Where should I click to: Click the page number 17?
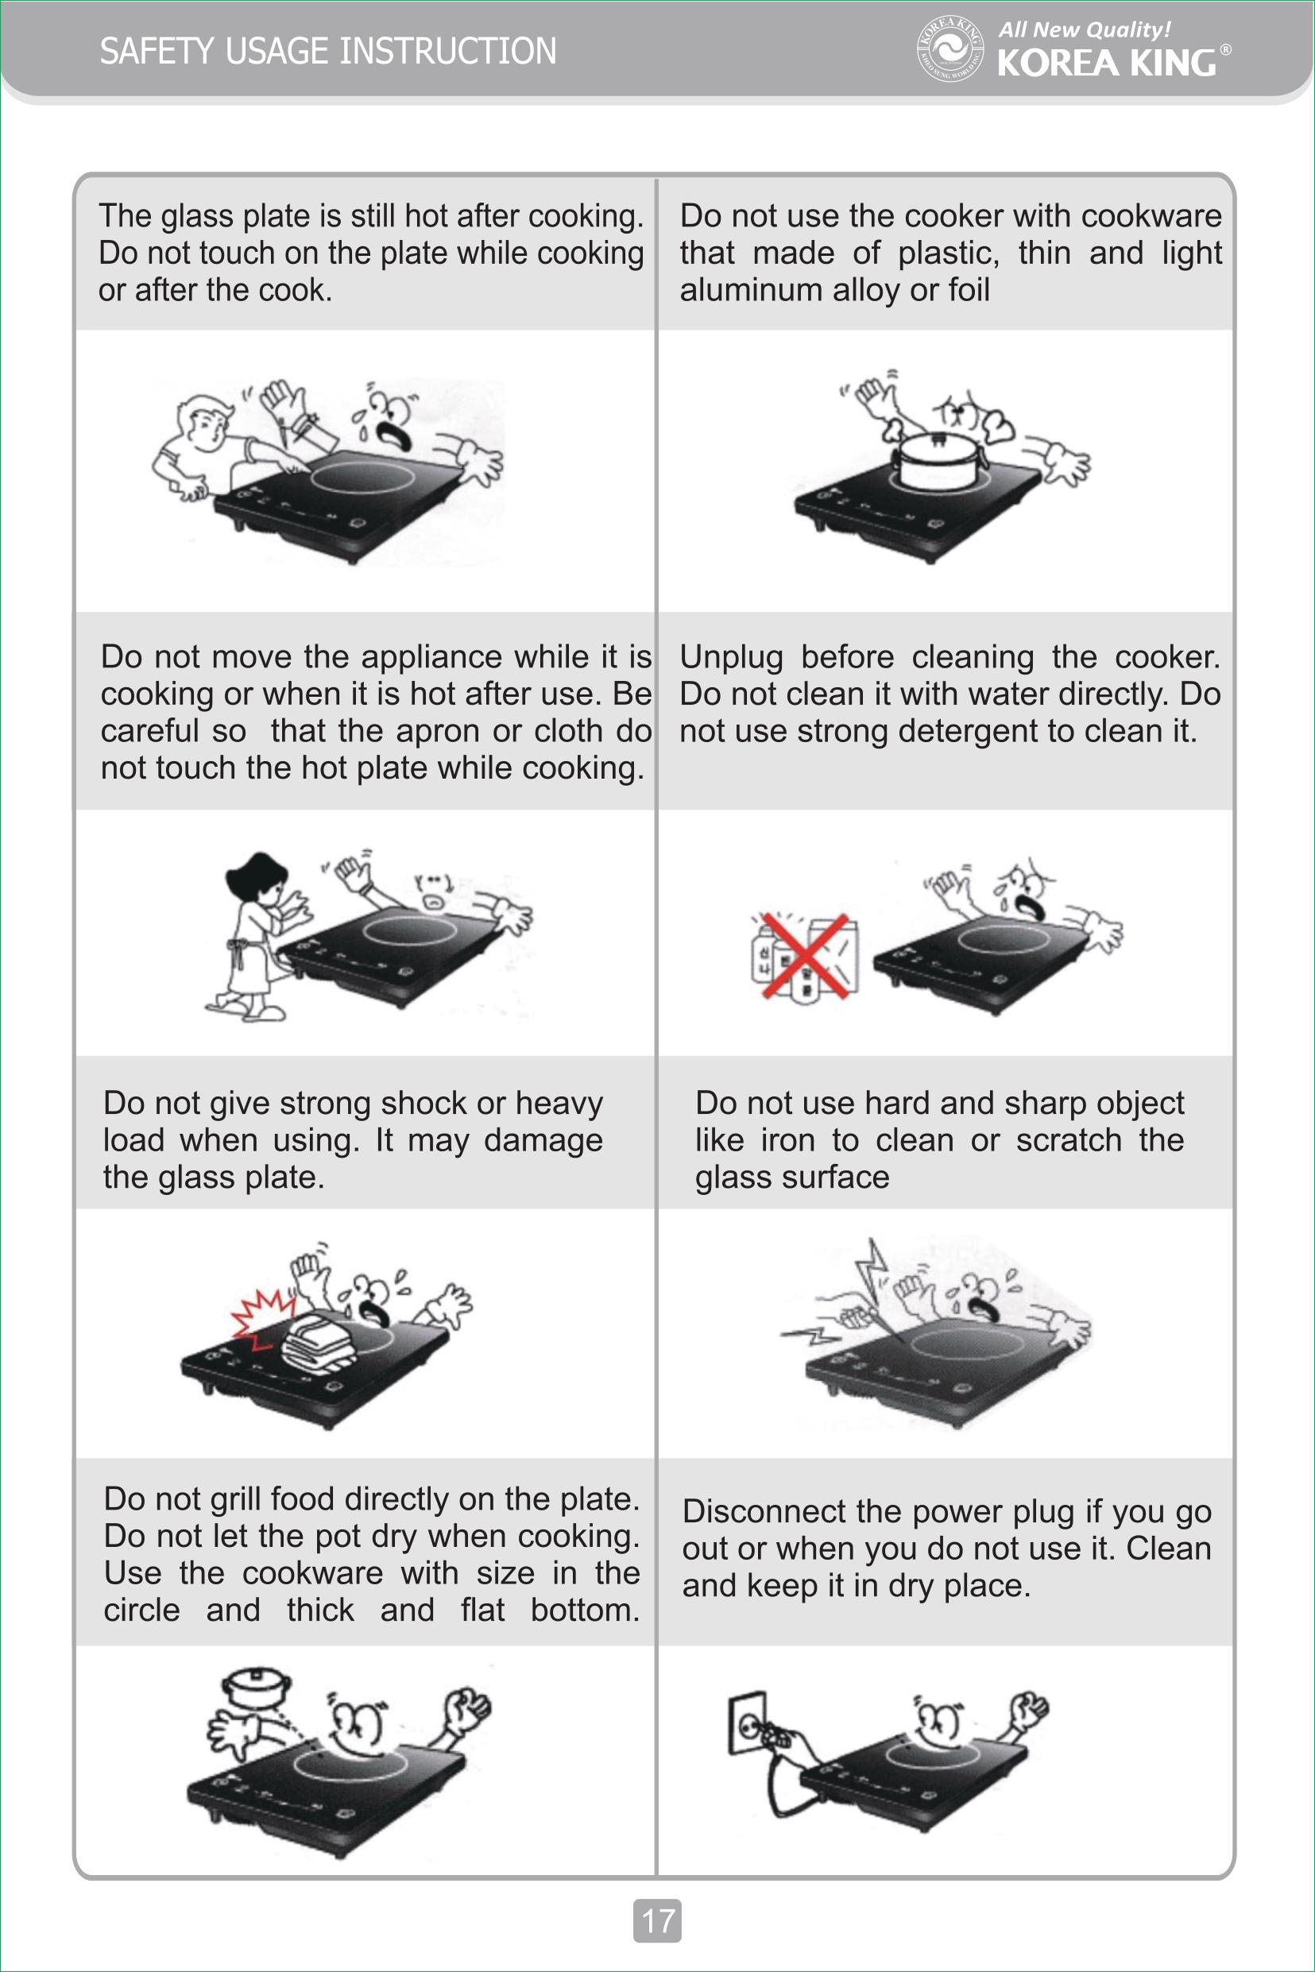(658, 1920)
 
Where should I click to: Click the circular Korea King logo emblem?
(950, 48)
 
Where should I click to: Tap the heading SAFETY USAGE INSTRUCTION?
(328, 51)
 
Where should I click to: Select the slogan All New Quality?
(1085, 30)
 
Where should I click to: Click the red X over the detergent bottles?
(804, 955)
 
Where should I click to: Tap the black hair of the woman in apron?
(258, 879)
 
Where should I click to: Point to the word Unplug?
(731, 657)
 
